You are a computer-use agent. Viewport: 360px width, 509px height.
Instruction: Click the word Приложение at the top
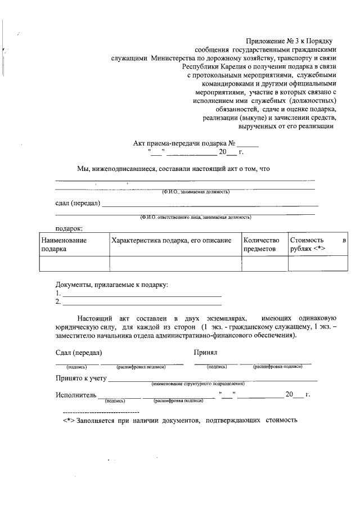pyautogui.click(x=265, y=41)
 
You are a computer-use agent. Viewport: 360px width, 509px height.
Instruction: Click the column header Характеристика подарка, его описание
pyautogui.click(x=172, y=241)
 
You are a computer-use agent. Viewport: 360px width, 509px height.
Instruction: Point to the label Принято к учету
pyautogui.click(x=81, y=378)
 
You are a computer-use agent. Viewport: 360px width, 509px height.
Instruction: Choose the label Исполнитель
pyautogui.click(x=76, y=395)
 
